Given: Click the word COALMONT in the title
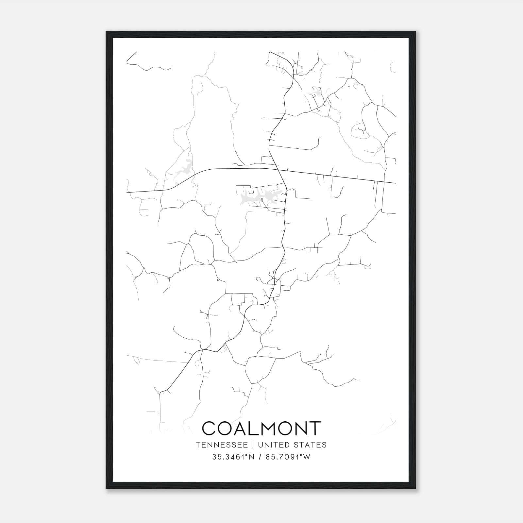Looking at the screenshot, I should [261, 428].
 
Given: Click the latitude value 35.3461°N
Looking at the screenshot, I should [233, 457].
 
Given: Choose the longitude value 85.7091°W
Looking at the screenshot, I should [288, 457].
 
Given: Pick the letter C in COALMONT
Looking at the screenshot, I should [210, 428].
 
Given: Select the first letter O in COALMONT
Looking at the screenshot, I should [227, 428].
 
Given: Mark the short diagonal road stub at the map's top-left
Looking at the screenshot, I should [131, 56].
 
